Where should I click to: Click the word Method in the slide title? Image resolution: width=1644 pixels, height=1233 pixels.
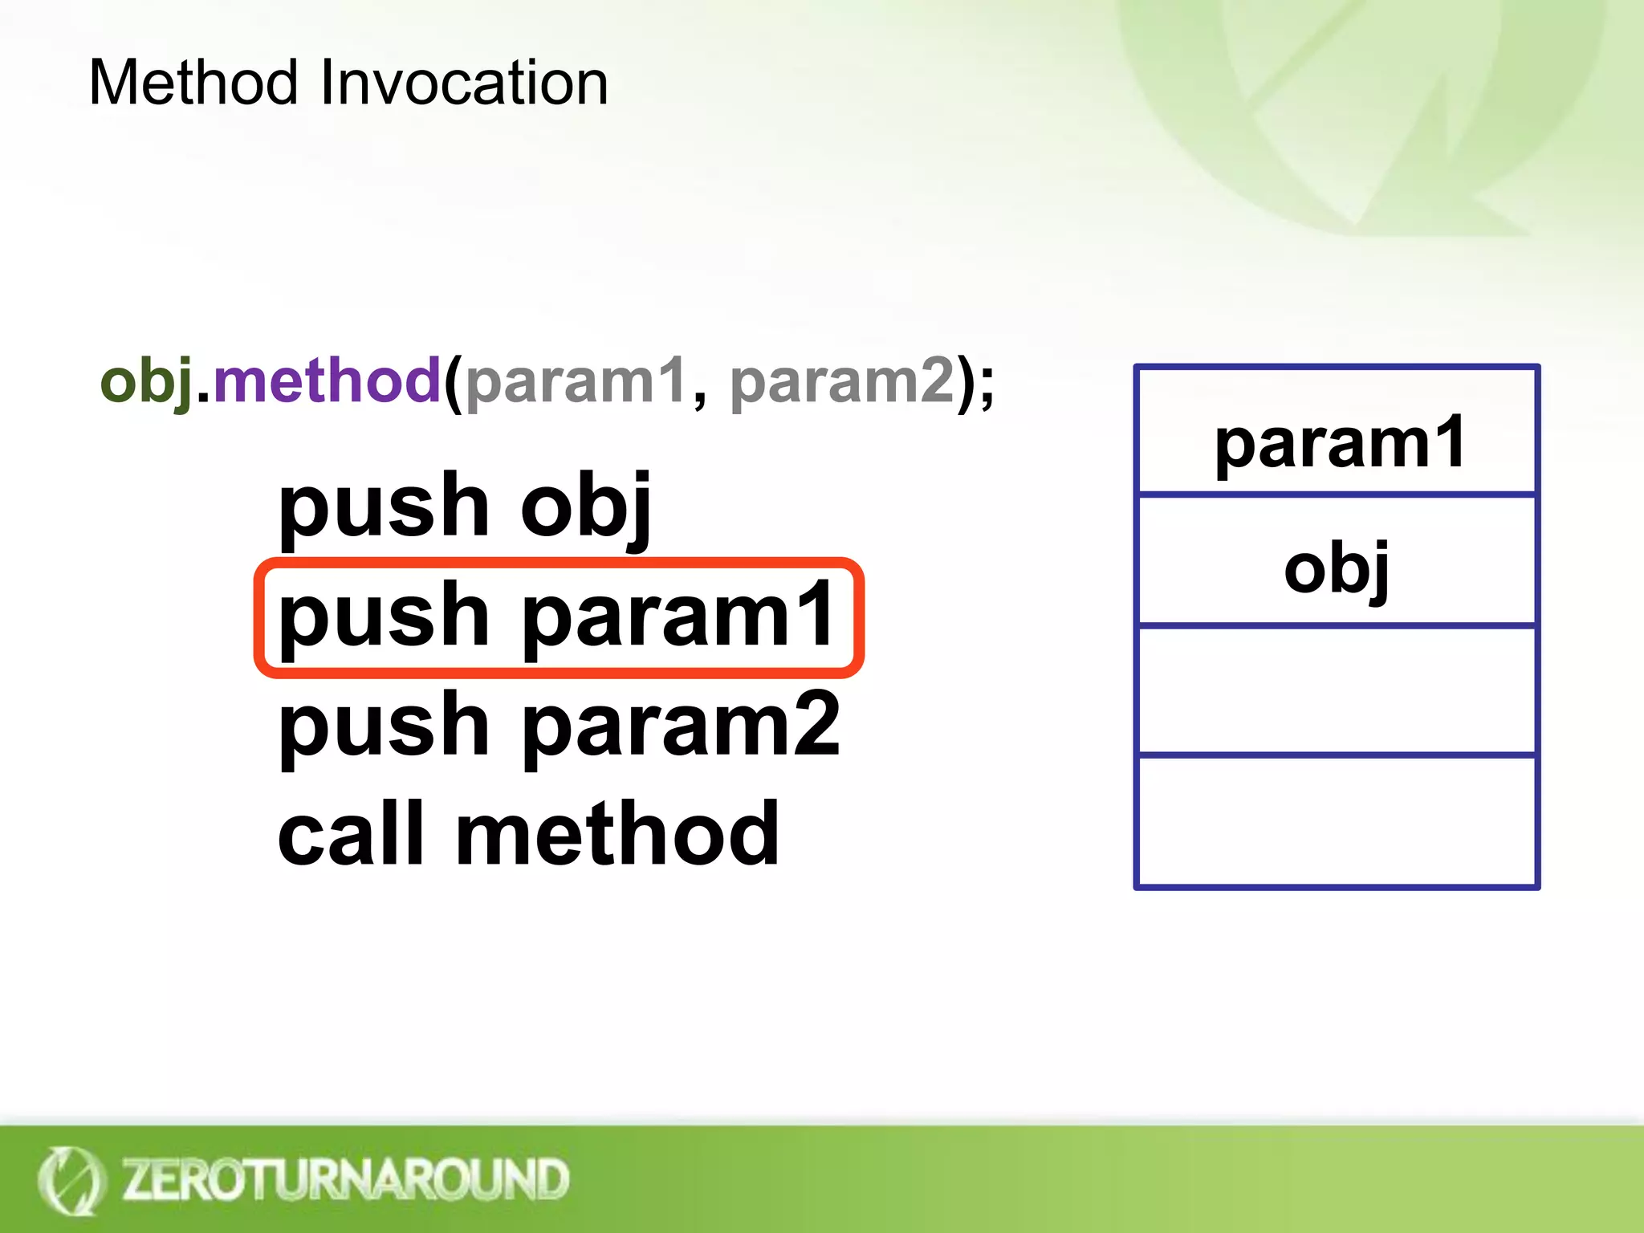(x=193, y=83)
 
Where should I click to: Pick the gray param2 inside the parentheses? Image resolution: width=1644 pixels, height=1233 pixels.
(x=842, y=382)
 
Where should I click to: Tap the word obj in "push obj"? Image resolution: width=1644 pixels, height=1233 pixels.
(x=586, y=507)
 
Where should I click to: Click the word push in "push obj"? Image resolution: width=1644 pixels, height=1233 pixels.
(x=383, y=507)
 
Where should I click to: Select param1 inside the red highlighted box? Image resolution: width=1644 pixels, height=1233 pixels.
(x=679, y=616)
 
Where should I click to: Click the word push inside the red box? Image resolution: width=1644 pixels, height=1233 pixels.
(x=383, y=616)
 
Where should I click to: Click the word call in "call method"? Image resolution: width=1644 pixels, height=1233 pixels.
(x=350, y=835)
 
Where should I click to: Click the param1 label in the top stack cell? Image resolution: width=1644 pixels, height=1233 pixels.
(x=1339, y=443)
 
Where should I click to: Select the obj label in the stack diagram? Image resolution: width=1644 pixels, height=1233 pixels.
(x=1336, y=568)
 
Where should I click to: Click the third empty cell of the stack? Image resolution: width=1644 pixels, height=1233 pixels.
(x=1337, y=690)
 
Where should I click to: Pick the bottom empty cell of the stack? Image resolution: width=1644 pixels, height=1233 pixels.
(x=1337, y=820)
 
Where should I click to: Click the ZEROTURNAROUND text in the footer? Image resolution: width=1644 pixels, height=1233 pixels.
(x=345, y=1179)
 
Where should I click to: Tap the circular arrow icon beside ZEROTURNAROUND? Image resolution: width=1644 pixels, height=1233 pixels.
(x=71, y=1181)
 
